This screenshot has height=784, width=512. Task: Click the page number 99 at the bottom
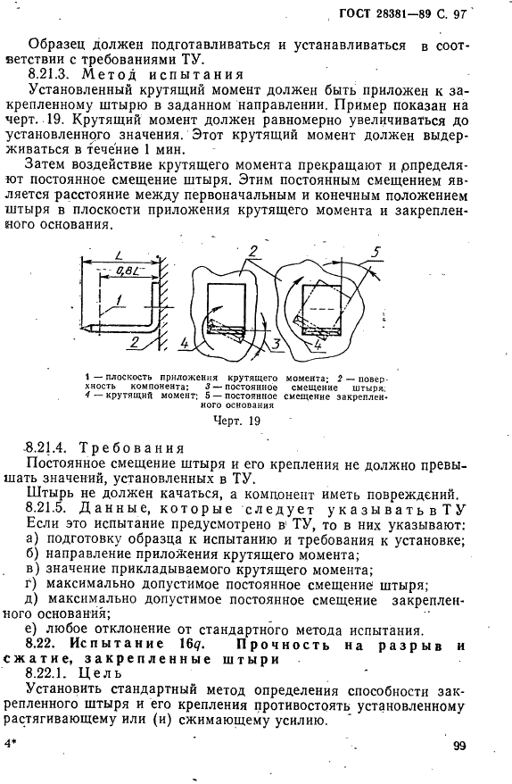[459, 746]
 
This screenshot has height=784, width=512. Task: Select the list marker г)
[33, 586]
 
